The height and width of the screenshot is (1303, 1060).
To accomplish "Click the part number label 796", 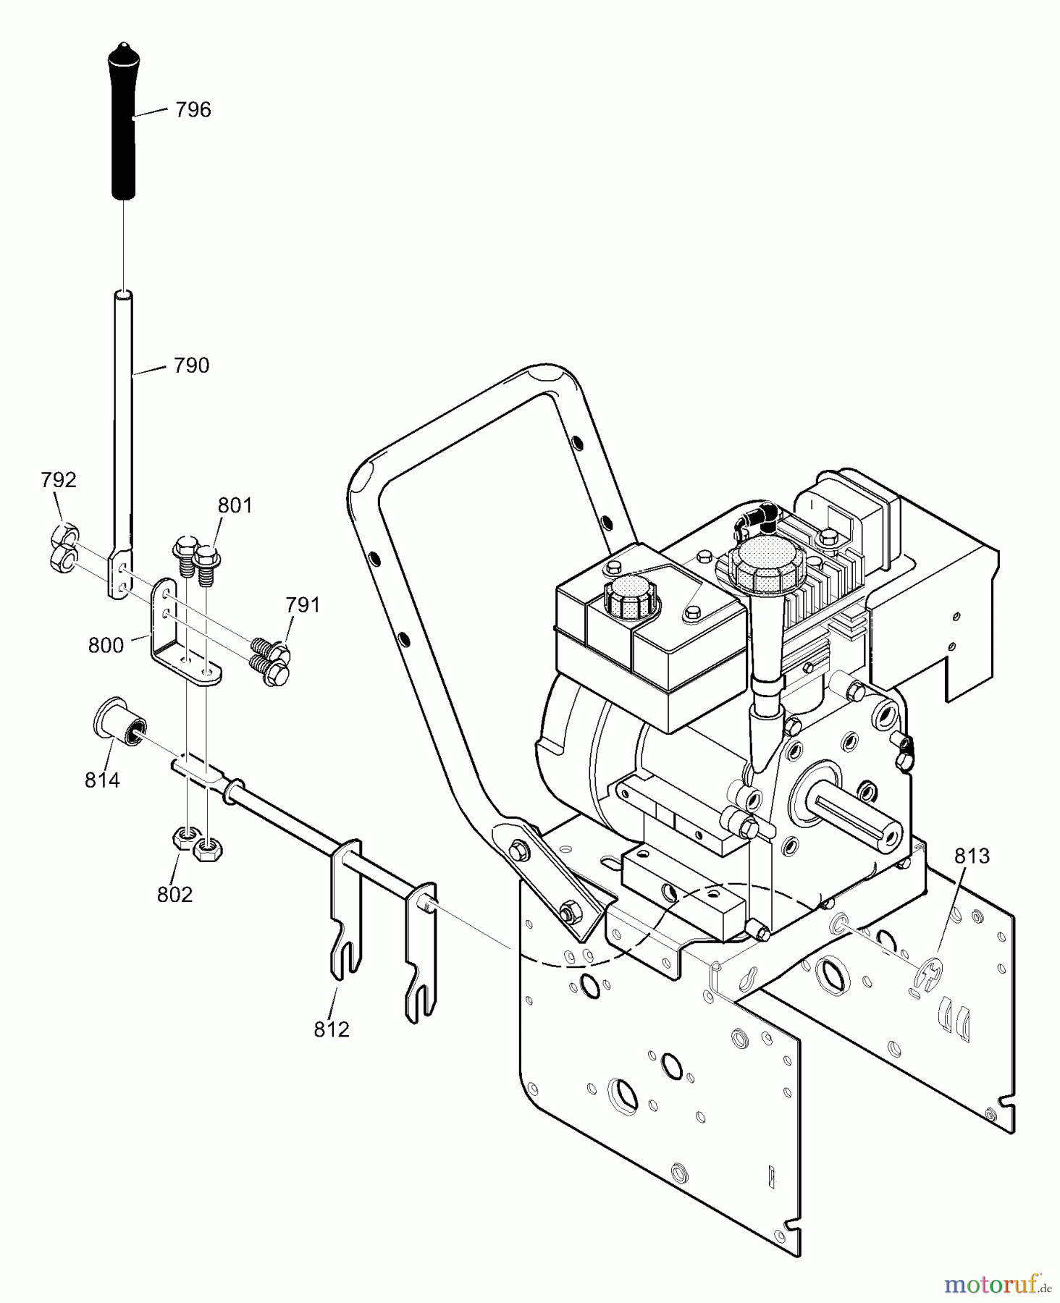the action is (x=193, y=110).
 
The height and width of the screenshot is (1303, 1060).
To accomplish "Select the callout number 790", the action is (x=191, y=366).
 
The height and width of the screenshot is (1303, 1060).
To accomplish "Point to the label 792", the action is (x=59, y=480).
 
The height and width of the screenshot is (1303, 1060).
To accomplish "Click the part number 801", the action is (x=235, y=505).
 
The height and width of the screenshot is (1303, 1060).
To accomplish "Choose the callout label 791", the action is (x=303, y=604).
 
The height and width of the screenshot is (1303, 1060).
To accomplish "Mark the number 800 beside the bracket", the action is (x=106, y=645).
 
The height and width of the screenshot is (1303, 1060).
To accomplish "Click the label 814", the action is (x=102, y=780).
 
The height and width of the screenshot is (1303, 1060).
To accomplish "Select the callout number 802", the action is (x=174, y=895).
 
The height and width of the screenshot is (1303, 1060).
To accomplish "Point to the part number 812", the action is (x=332, y=1029).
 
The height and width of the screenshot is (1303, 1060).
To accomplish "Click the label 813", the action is (x=972, y=856).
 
